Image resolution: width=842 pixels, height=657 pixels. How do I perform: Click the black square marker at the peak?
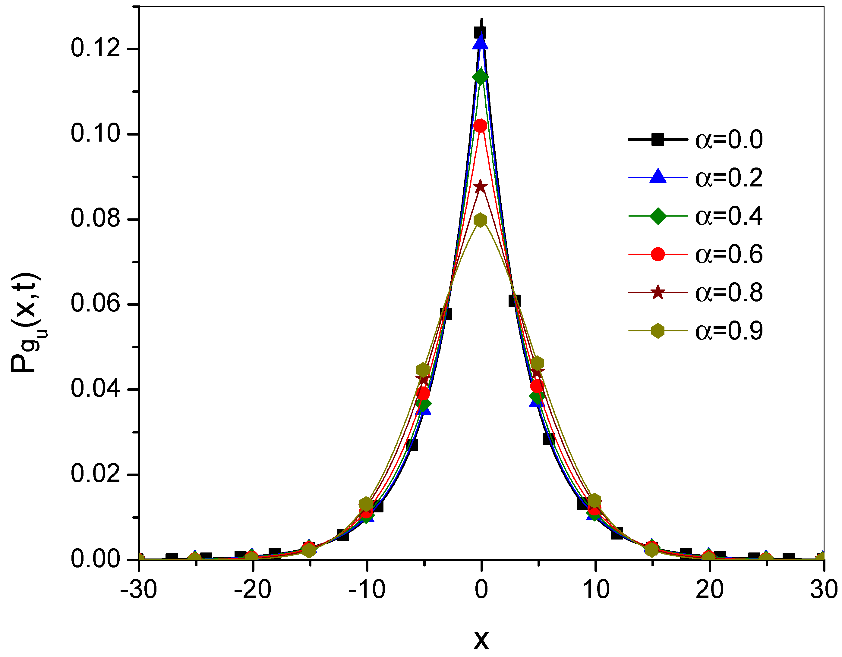pyautogui.click(x=480, y=33)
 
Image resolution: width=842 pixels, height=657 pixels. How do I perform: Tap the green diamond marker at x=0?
pyautogui.click(x=480, y=77)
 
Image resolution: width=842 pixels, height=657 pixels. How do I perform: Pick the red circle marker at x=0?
pyautogui.click(x=480, y=126)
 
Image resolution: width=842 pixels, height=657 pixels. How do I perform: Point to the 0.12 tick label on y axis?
pyautogui.click(x=95, y=49)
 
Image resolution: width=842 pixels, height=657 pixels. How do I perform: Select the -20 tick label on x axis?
pyautogui.click(x=253, y=590)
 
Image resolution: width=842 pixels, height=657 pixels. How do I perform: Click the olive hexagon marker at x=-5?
pyautogui.click(x=423, y=370)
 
